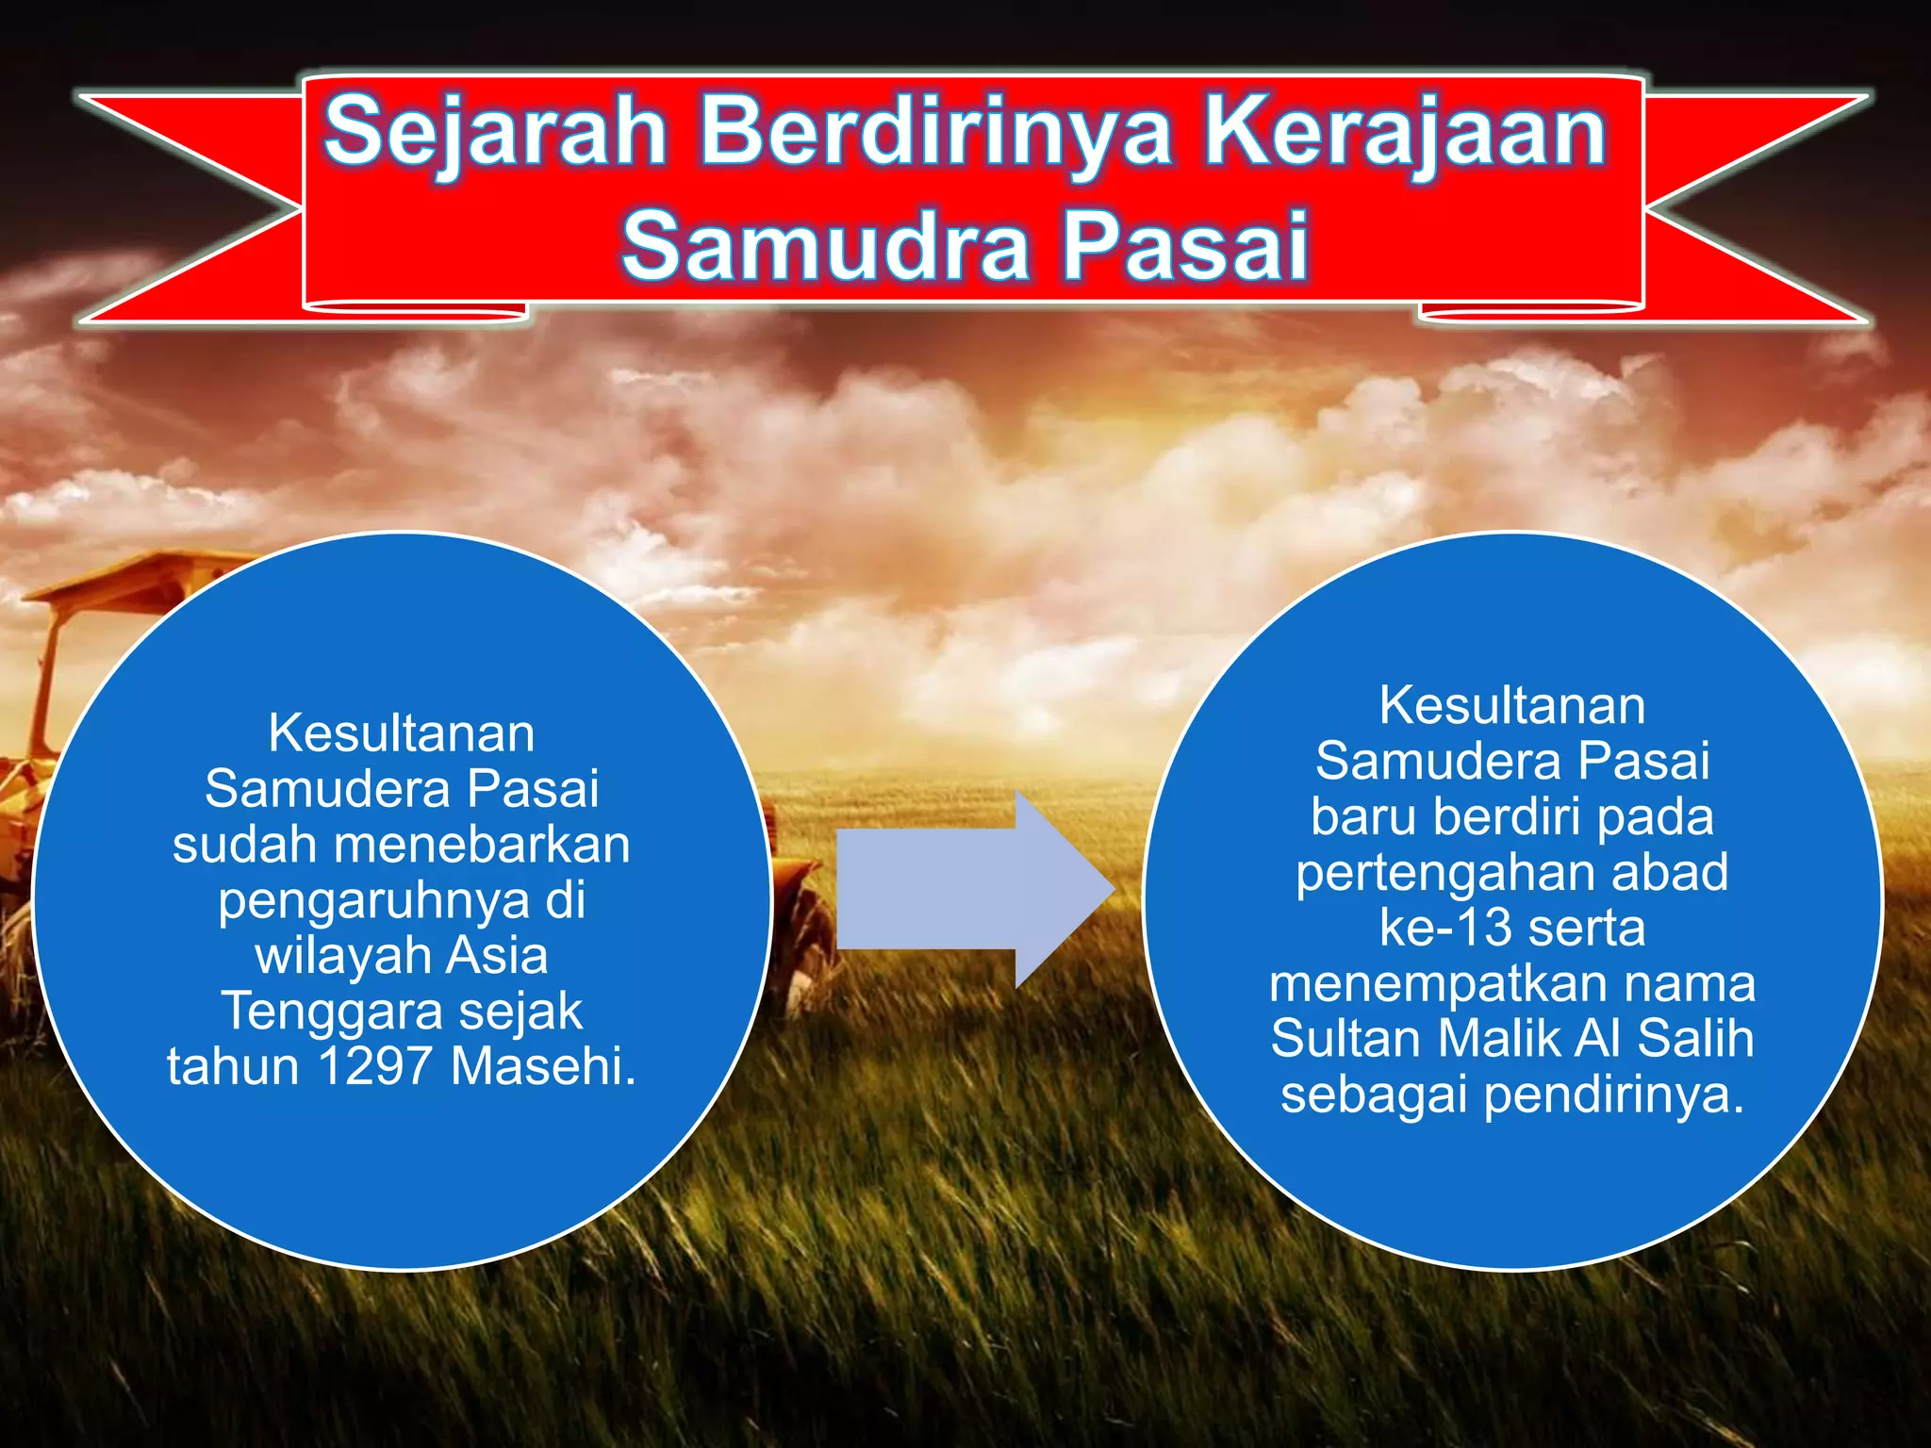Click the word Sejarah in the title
[495, 132]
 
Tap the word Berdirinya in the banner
[935, 132]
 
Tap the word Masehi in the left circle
[543, 1066]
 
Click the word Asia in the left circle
[496, 955]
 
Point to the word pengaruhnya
[374, 901]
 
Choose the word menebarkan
[481, 844]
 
